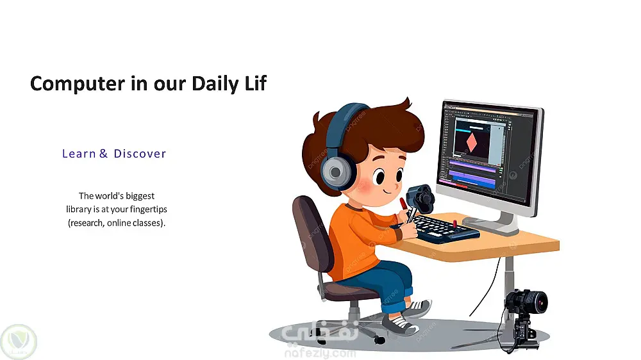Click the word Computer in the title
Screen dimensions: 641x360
[78, 84]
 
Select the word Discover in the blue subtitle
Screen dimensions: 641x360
[140, 154]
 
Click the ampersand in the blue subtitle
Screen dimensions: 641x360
[103, 154]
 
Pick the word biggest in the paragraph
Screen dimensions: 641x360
[140, 196]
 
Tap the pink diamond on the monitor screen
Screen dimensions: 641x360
[472, 142]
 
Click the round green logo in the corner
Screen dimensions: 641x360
[19, 341]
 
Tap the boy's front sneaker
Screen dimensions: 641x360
[401, 325]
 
